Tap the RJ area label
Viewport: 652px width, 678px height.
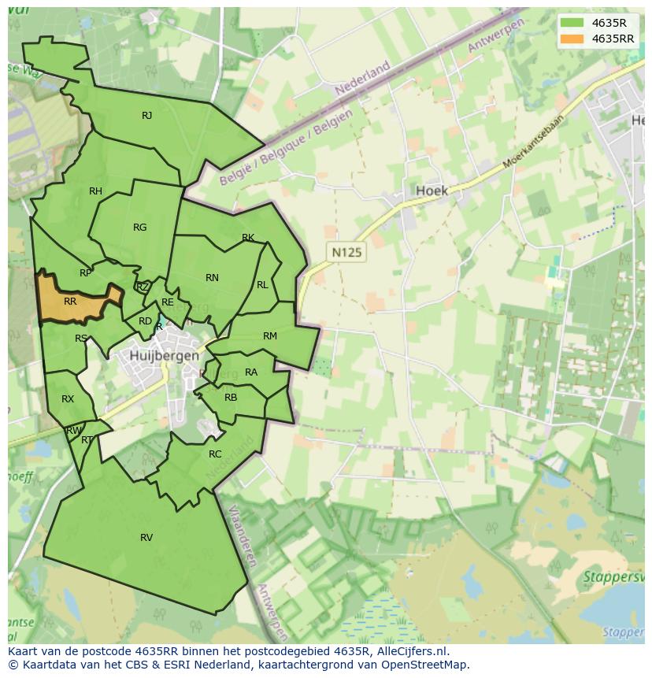(146, 116)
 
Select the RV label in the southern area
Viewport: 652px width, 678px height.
(146, 538)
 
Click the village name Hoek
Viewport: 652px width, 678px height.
(432, 191)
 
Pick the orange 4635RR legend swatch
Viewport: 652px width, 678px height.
(572, 39)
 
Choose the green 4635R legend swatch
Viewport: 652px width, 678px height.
(572, 23)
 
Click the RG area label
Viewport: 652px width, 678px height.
(139, 228)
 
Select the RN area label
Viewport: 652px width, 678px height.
(212, 278)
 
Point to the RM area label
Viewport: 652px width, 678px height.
(270, 336)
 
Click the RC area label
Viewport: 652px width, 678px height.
(215, 454)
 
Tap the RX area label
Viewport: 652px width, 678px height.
(68, 399)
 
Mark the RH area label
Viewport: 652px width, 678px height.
(95, 191)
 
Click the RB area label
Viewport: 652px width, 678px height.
(231, 398)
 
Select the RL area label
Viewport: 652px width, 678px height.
(262, 285)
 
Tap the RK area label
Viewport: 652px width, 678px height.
(248, 238)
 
